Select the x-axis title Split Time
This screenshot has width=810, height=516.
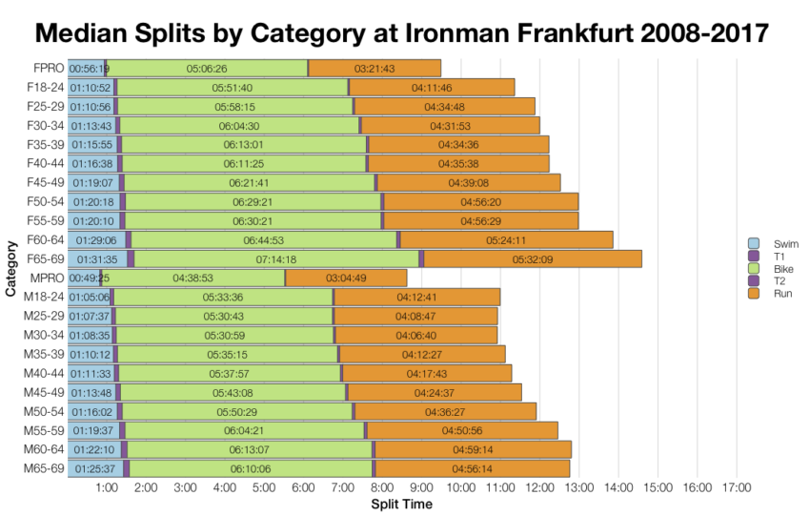tap(401, 505)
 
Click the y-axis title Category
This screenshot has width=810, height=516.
tap(10, 269)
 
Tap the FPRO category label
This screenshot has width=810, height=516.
tap(48, 69)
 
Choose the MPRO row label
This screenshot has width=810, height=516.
tap(47, 278)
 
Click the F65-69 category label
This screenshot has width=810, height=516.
tap(44, 258)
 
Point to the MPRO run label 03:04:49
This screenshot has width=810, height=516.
tap(346, 279)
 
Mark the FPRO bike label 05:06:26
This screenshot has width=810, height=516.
tap(207, 69)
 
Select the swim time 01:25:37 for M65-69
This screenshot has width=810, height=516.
tap(92, 468)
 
